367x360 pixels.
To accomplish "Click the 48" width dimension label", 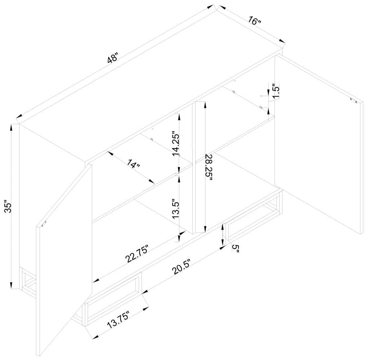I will (113, 59).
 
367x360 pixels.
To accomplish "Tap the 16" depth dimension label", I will (254, 21).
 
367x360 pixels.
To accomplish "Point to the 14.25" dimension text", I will (175, 143).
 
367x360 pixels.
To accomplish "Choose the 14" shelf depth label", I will (133, 165).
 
